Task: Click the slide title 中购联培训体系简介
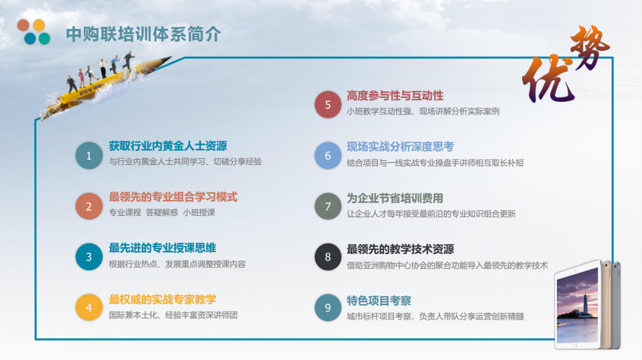pos(143,34)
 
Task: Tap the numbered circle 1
pos(89,156)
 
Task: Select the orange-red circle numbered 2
pos(89,206)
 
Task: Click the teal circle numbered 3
pos(89,257)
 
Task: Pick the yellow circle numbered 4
pos(89,307)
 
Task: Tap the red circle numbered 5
pos(328,105)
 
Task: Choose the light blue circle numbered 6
pos(328,156)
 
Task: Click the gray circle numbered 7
pos(328,206)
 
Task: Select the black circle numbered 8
pos(328,257)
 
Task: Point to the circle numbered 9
pos(328,307)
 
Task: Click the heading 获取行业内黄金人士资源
pos(168,145)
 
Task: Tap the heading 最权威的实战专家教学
pos(163,300)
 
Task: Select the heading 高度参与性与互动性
pos(395,96)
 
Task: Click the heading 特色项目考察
pos(379,300)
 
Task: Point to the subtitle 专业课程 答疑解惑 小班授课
pos(162,213)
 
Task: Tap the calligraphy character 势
pos(590,46)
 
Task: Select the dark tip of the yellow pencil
pos(167,60)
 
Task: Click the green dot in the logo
pos(44,38)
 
